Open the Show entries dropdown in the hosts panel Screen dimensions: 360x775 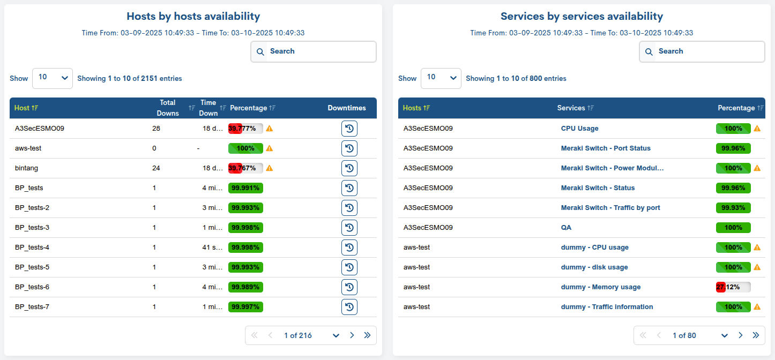pyautogui.click(x=53, y=78)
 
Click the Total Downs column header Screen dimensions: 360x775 pyautogui.click(x=168, y=108)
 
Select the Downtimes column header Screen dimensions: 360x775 pyautogui.click(x=347, y=108)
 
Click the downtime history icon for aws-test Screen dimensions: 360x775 pyautogui.click(x=349, y=148)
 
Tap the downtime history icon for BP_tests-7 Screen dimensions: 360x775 pyautogui.click(x=349, y=307)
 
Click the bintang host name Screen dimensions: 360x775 pyautogui.click(x=26, y=168)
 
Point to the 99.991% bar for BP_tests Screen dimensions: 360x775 pyautogui.click(x=245, y=188)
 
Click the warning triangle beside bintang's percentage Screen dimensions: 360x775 pyautogui.click(x=270, y=168)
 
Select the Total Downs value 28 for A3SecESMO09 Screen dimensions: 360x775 pyautogui.click(x=156, y=129)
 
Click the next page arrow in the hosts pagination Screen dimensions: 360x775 pyautogui.click(x=352, y=335)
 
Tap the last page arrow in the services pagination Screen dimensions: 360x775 pyautogui.click(x=756, y=335)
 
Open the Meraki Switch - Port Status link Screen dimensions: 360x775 pyautogui.click(x=606, y=148)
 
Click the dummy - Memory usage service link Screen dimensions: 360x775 pyautogui.click(x=600, y=287)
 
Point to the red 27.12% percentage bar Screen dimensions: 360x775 pyautogui.click(x=733, y=287)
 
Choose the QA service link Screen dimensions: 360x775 pyautogui.click(x=566, y=228)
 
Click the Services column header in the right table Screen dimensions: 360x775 pyautogui.click(x=571, y=108)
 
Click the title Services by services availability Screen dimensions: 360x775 pyautogui.click(x=582, y=17)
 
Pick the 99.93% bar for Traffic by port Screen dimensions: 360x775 pyautogui.click(x=733, y=208)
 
